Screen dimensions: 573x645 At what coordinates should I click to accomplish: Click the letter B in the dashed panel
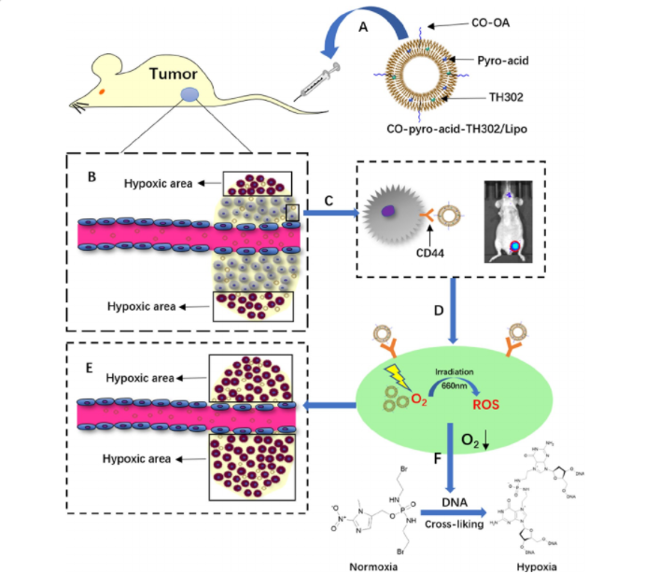coord(91,174)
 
